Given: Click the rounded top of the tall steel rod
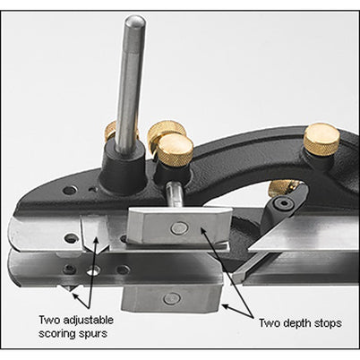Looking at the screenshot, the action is click(x=135, y=22).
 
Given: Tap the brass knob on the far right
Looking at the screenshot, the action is click(x=321, y=139).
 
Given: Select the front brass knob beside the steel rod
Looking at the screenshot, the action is click(x=175, y=151).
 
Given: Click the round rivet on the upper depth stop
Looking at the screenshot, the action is click(x=179, y=228).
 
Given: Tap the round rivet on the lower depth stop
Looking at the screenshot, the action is click(x=171, y=298).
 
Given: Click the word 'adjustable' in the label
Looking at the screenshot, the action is click(x=89, y=321).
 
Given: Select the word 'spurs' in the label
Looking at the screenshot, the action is click(x=93, y=334).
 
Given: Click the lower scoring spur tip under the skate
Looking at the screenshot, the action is click(x=68, y=289).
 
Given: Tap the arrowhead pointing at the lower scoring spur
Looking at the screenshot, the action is click(x=74, y=296).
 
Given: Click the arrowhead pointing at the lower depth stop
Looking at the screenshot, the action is click(x=226, y=306).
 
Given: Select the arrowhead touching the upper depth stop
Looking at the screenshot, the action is click(x=203, y=229).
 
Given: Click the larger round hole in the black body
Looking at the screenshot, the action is click(x=70, y=190).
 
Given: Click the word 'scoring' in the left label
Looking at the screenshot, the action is click(x=56, y=334).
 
